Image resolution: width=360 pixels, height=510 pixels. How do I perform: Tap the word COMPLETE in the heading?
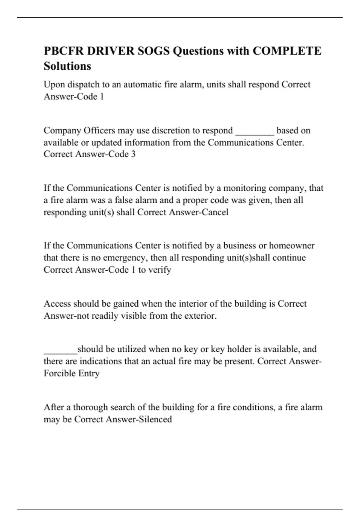pos(287,51)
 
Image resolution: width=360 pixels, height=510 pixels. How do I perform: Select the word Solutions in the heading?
pos(67,66)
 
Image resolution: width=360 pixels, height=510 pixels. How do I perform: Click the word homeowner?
pos(292,246)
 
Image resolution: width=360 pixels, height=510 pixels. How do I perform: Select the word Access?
pos(57,304)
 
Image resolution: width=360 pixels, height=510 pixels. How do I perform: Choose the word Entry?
pos(89,373)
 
